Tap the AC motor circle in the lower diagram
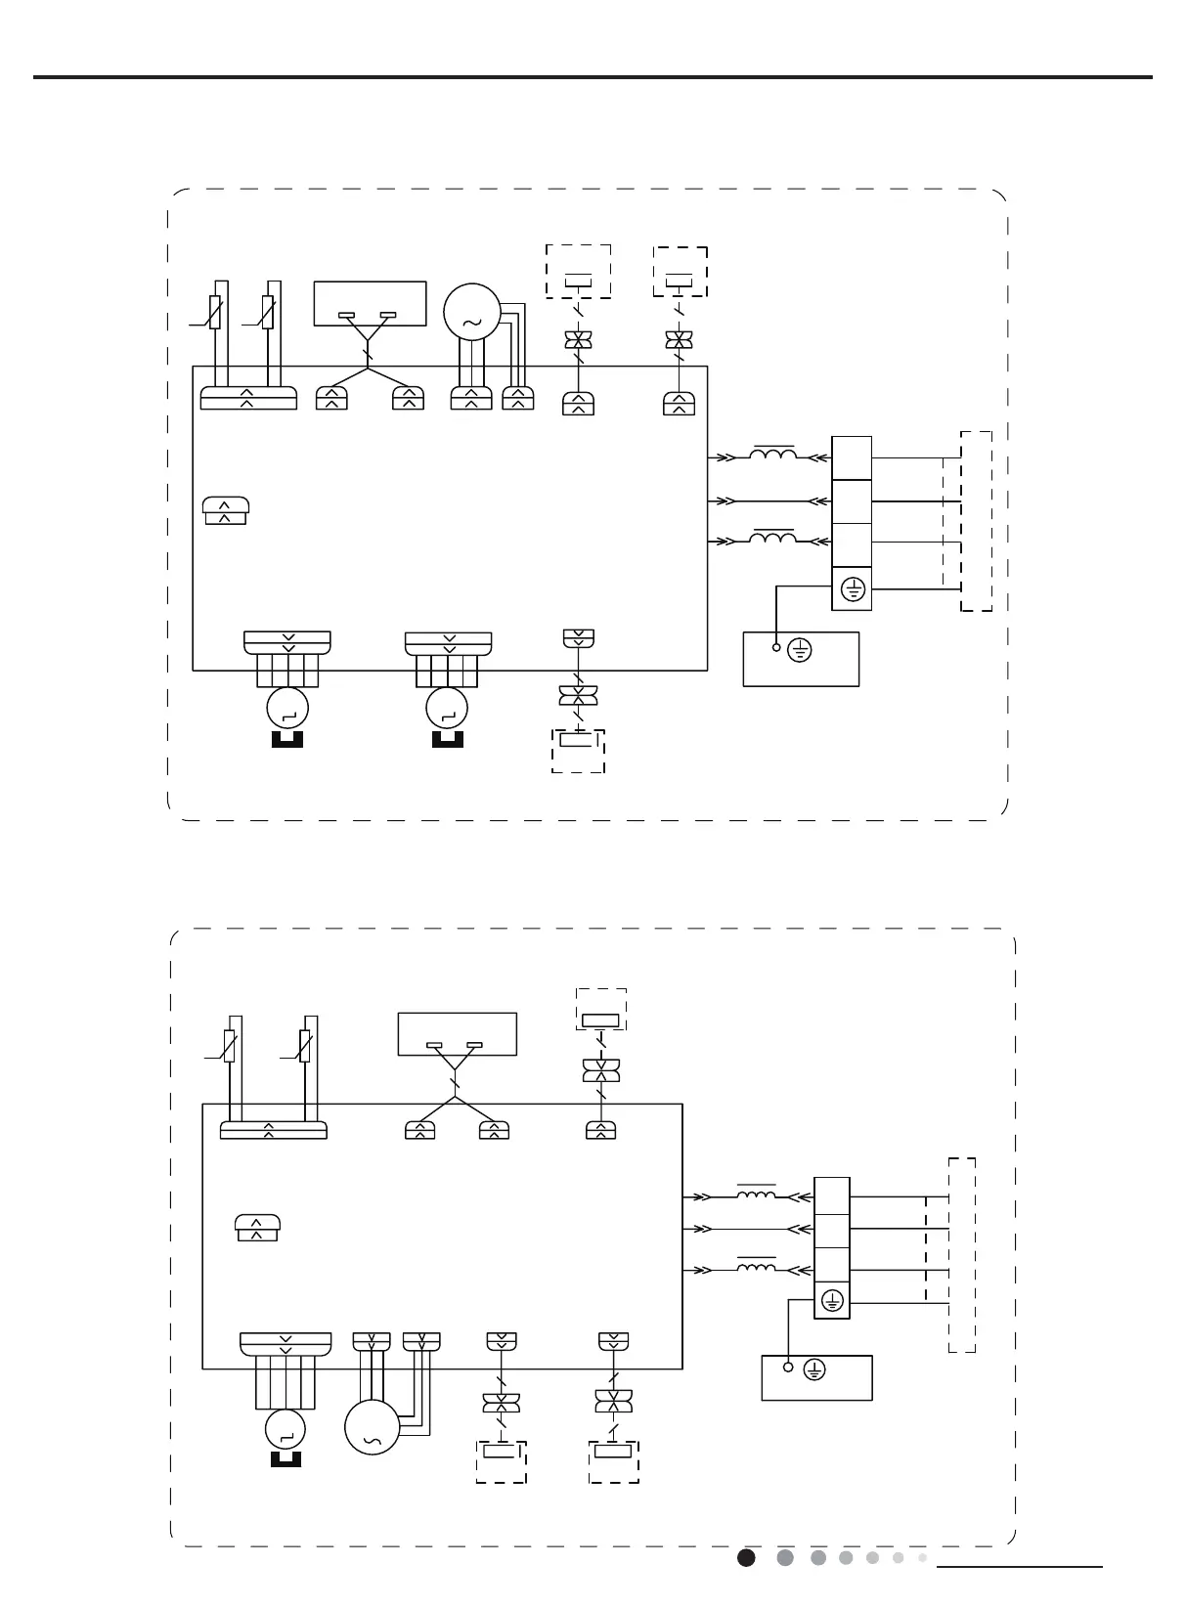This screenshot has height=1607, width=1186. point(373,1427)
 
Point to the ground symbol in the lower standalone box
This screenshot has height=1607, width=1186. point(813,1370)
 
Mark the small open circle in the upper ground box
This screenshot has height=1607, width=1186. point(776,647)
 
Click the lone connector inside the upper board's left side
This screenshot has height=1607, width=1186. point(226,510)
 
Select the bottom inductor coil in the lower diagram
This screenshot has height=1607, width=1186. point(756,1268)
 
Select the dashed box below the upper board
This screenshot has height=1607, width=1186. point(578,751)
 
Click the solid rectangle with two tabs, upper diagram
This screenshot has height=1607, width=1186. point(370,303)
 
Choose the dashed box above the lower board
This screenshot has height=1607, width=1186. point(600,1010)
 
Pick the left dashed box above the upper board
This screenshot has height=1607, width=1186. point(578,271)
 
